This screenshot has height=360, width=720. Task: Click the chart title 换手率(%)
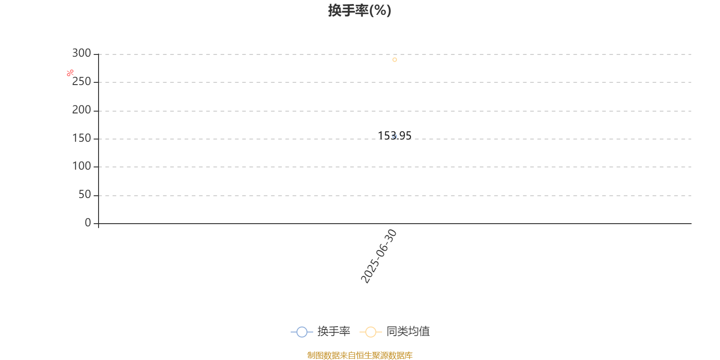coord(360,11)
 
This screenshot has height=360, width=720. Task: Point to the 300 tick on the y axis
coord(81,53)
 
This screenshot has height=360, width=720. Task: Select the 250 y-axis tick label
coord(81,81)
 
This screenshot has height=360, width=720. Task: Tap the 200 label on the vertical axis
coord(81,110)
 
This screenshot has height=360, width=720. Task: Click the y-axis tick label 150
coord(81,138)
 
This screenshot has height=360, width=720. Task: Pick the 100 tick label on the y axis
coord(81,166)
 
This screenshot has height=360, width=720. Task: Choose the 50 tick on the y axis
coord(85,194)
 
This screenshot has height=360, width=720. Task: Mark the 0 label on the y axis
coord(88,222)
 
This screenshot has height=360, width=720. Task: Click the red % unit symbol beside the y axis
coord(70,73)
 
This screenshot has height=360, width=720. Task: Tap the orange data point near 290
coord(395,60)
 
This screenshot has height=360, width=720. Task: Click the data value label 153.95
coord(394,136)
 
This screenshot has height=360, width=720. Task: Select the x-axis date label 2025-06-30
coord(378,256)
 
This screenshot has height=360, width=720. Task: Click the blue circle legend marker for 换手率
coord(302,332)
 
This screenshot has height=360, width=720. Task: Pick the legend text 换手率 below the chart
coord(333,331)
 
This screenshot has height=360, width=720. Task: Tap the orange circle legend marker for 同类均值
coord(371,332)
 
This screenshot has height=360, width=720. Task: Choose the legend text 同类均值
coord(408,331)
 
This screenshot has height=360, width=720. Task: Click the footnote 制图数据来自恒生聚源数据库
coord(360,355)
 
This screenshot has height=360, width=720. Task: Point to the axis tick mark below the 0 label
coord(99,225)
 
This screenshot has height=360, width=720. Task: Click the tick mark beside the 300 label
coord(96,54)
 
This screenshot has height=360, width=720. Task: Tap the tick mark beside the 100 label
coord(96,167)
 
